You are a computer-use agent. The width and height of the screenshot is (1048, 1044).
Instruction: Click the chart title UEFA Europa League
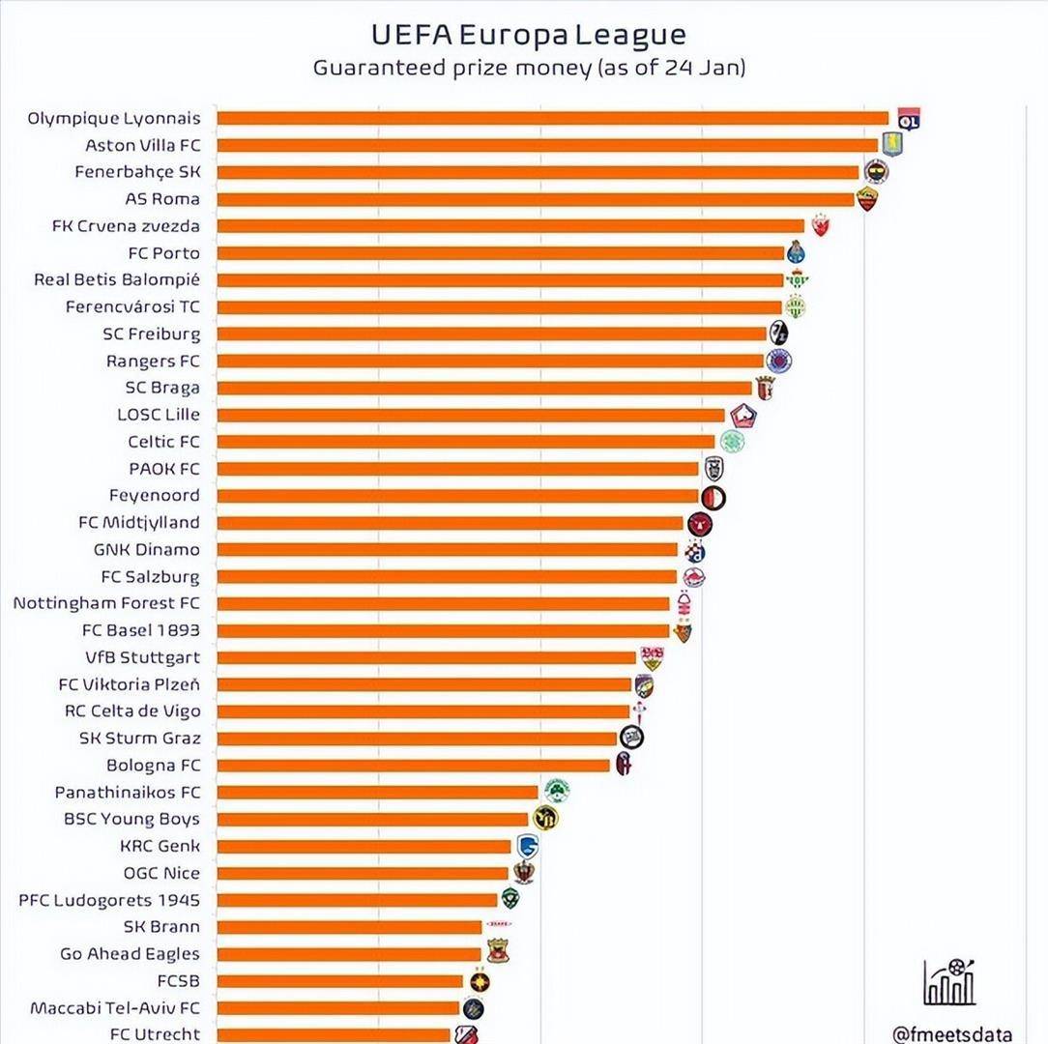point(529,35)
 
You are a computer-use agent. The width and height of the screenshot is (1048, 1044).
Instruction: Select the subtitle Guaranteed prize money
point(529,69)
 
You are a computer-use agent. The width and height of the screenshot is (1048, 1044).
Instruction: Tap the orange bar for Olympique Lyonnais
point(552,118)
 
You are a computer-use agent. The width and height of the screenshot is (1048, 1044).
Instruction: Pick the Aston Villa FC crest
point(892,145)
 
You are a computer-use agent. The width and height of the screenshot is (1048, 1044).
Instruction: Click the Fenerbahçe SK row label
point(137,172)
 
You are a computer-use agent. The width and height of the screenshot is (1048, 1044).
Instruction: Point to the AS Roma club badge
point(867,199)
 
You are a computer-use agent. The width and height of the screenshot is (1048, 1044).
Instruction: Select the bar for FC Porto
point(500,253)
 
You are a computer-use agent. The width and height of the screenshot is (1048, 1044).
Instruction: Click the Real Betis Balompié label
point(117,279)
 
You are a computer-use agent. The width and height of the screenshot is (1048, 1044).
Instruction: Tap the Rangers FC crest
point(778,361)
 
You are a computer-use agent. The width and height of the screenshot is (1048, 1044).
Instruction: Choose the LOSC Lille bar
point(470,415)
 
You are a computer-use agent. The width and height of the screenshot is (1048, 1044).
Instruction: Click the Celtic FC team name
point(163,442)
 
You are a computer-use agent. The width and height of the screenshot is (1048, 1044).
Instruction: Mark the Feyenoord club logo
point(713,498)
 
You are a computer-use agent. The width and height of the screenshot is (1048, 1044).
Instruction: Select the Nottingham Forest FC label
point(106,603)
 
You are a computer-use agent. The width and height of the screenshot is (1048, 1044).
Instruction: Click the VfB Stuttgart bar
point(425,657)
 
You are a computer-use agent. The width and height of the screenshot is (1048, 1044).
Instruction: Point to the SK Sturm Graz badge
point(632,738)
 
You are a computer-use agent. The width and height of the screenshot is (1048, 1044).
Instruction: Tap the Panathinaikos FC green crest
point(556,791)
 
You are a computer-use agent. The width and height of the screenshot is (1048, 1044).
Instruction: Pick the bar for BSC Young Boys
point(372,819)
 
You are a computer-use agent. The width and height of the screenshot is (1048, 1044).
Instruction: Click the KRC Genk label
point(160,846)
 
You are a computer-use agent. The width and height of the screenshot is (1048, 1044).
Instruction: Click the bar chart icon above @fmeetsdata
point(948,982)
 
